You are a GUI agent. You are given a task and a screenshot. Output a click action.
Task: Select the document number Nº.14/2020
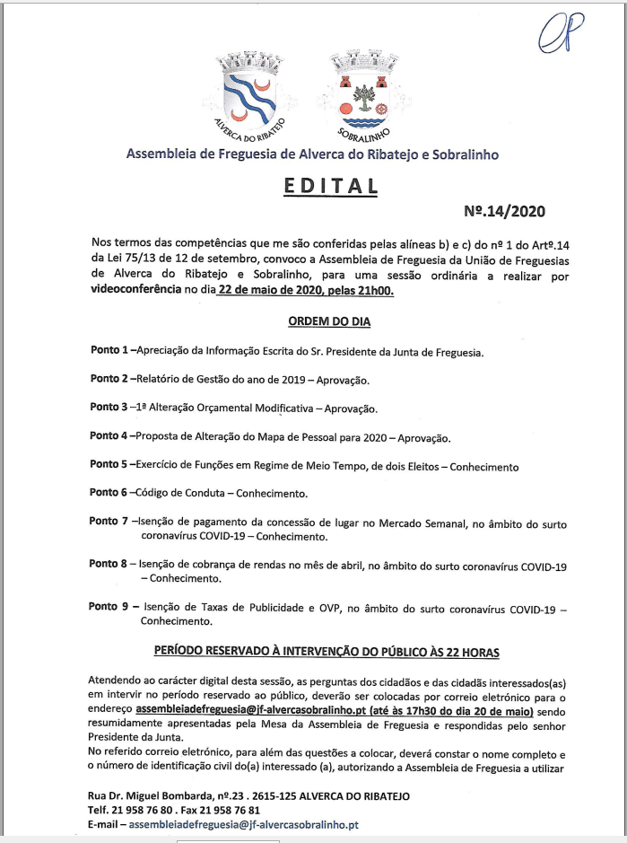tap(503, 212)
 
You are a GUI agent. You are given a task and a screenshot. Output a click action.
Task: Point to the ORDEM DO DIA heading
tap(328, 321)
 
